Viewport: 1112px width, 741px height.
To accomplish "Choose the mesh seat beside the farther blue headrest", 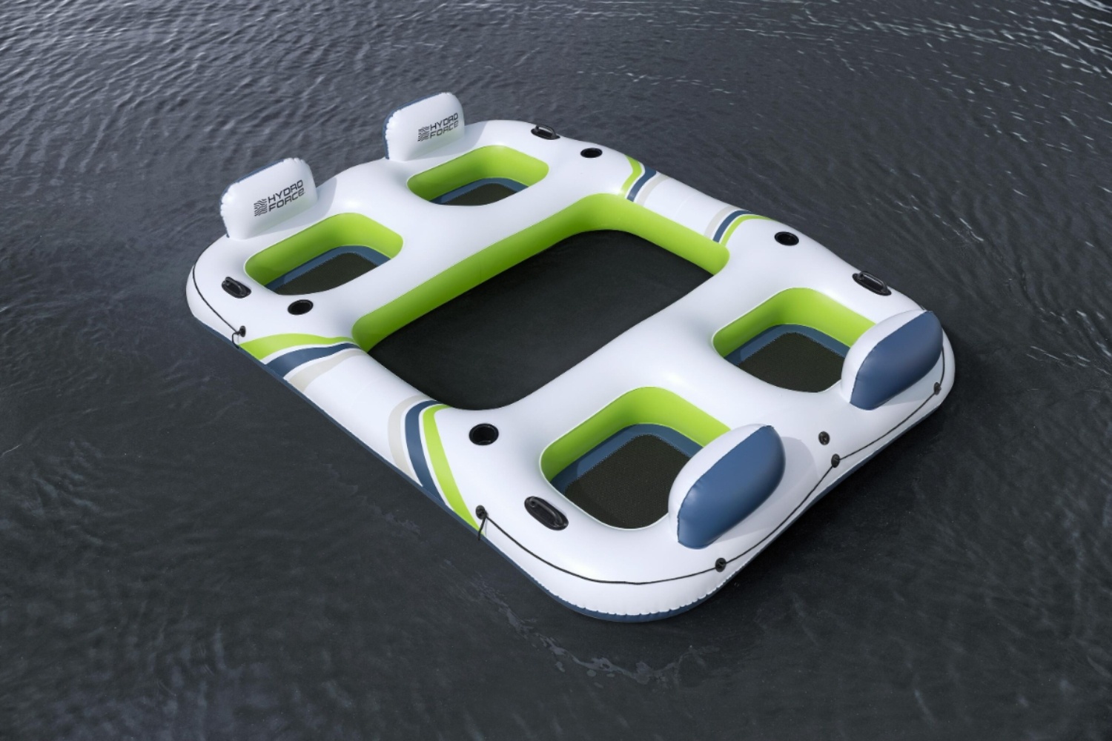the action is (x=790, y=363).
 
